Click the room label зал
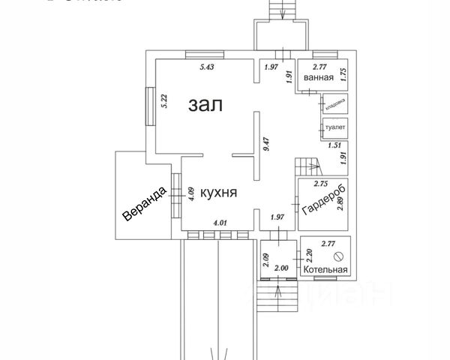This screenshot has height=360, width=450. [x=205, y=104]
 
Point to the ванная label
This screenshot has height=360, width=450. [x=319, y=78]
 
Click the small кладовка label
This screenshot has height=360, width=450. [x=334, y=102]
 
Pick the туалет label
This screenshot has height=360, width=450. [x=334, y=127]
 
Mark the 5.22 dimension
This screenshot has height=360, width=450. [x=164, y=100]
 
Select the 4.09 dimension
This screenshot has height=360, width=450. [x=191, y=193]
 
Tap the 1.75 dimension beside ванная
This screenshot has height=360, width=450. [x=342, y=74]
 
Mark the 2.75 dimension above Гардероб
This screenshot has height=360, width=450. [x=320, y=184]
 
